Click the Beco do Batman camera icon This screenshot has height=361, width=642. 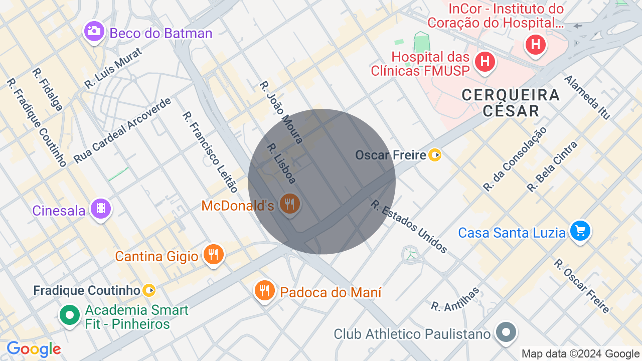tap(94, 31)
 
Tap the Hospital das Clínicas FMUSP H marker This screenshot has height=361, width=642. tap(485, 62)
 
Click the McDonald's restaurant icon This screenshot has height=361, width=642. tap(289, 204)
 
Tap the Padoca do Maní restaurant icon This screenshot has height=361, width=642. tap(264, 290)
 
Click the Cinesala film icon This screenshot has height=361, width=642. tap(101, 208)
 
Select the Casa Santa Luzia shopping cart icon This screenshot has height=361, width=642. tap(580, 231)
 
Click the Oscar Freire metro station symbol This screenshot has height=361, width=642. tap(435, 155)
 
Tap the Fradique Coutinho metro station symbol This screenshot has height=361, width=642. tap(149, 290)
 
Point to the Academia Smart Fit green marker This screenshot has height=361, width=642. tap(70, 315)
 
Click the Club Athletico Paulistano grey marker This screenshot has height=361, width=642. tap(506, 332)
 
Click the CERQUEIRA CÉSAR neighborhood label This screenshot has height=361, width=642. tap(511, 102)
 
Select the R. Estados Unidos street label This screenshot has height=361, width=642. tap(409, 226)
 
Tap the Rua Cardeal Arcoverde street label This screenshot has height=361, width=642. tap(122, 130)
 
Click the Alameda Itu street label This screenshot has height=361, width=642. tap(587, 97)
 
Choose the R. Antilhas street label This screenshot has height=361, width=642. tap(455, 299)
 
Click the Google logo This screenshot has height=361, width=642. tap(34, 349)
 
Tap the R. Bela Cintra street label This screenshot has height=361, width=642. tap(552, 166)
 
